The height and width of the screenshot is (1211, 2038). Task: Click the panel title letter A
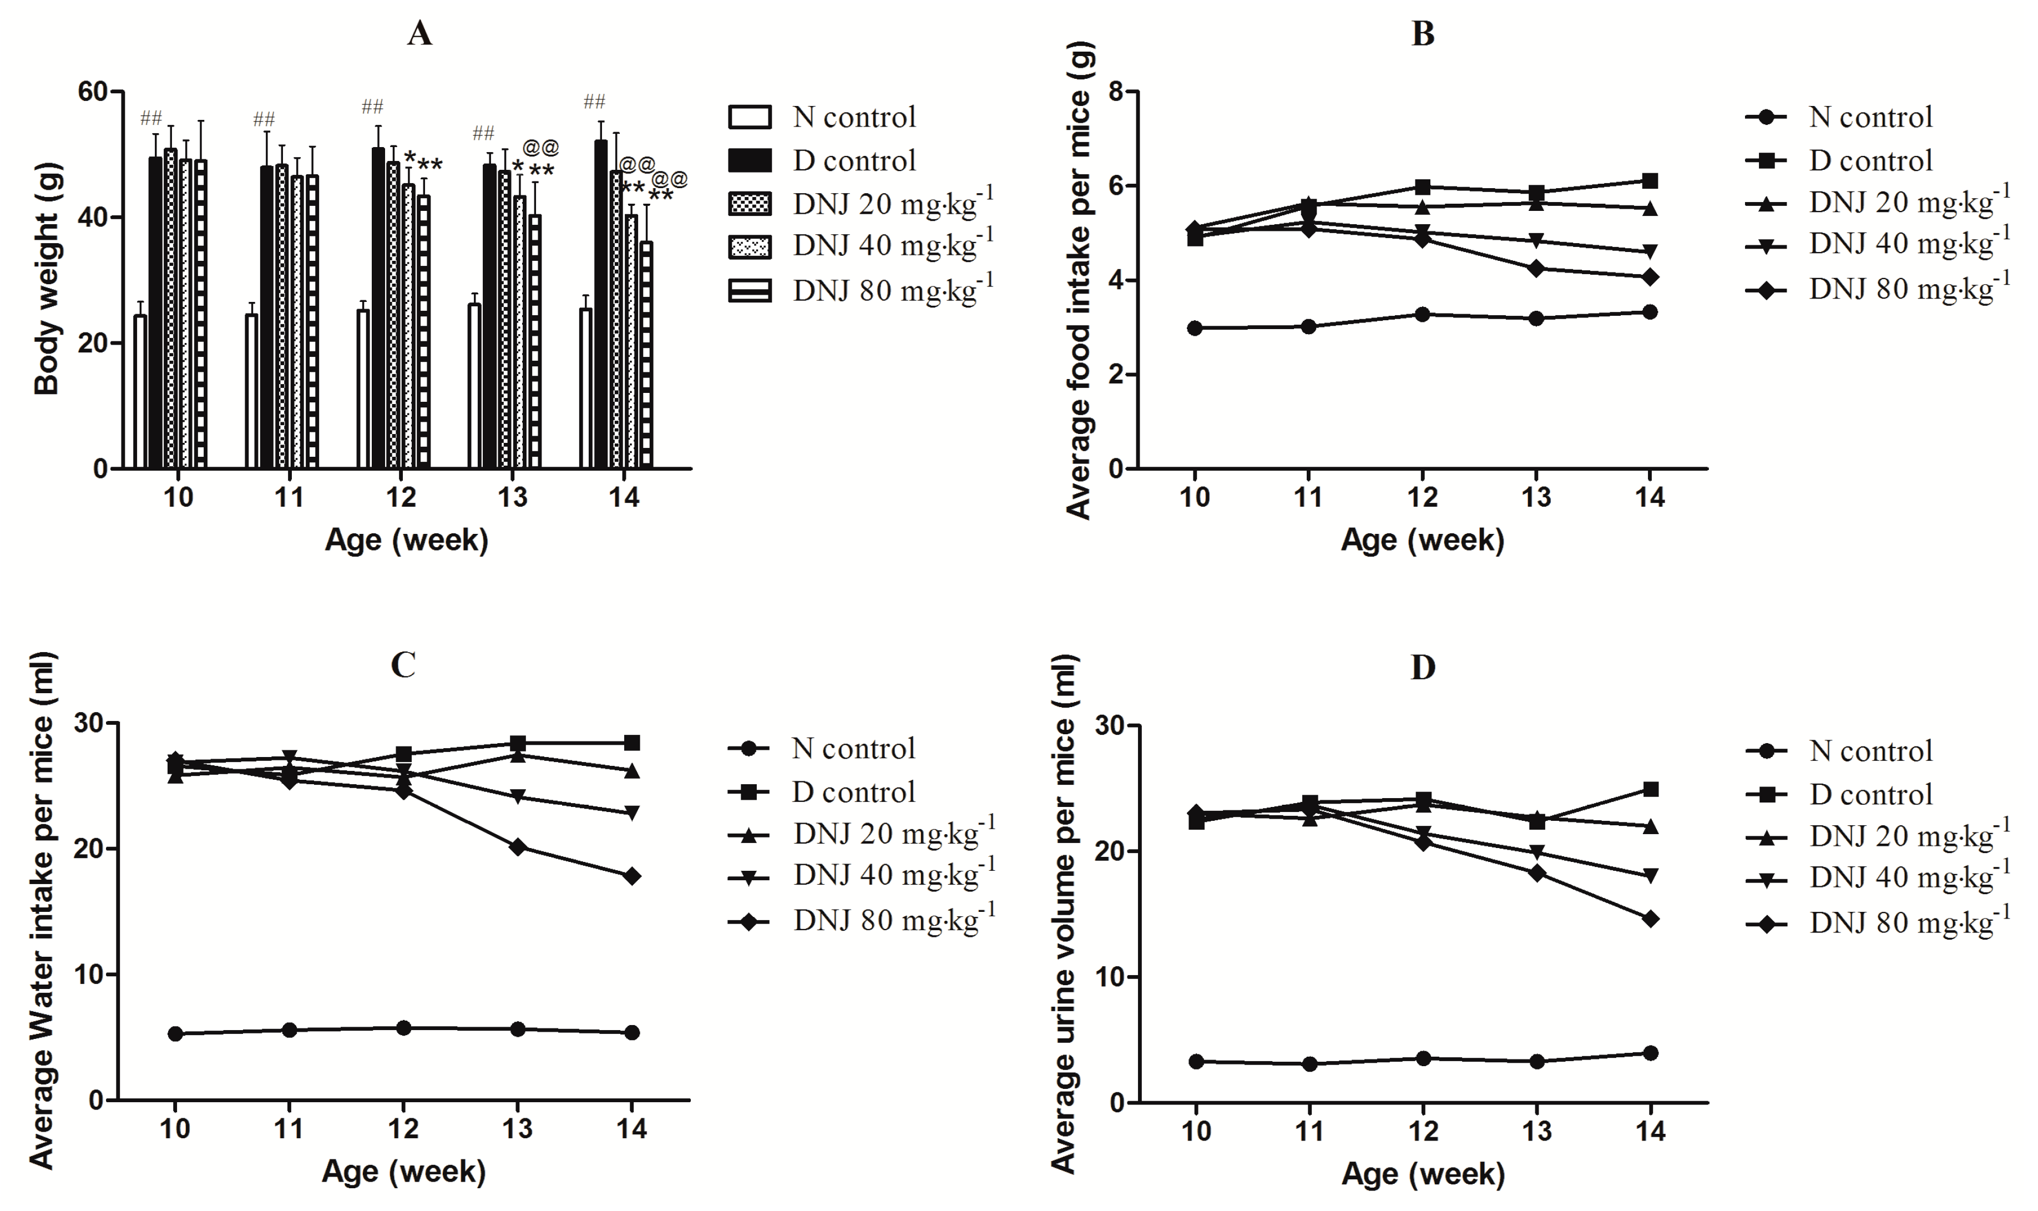[419, 34]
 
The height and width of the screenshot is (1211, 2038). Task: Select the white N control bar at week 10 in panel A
[140, 392]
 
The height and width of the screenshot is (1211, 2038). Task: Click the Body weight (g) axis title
[47, 280]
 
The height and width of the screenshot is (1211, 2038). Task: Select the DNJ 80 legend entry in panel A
[861, 290]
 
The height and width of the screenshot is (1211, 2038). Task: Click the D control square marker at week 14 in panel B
[1649, 181]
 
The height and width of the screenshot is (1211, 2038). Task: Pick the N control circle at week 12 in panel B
[1422, 314]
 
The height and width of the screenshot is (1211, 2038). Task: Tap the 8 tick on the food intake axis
[1115, 92]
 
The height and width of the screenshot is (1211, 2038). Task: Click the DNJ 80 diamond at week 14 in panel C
[631, 876]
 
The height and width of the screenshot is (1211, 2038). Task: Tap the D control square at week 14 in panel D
[1650, 789]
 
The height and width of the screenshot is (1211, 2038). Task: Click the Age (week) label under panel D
[1422, 1173]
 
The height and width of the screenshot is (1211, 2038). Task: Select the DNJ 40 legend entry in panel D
[1877, 878]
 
